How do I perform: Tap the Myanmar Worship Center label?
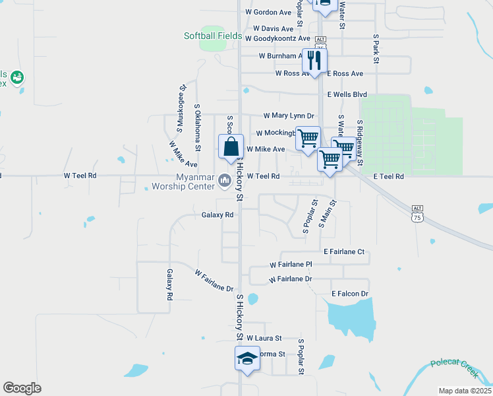195,181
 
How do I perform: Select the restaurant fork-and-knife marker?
314,61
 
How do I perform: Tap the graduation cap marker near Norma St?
247,359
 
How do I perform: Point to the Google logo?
22,387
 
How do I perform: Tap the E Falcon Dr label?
349,293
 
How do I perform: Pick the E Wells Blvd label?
347,94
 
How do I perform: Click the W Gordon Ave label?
268,12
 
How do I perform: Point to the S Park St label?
376,49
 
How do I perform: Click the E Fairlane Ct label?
344,251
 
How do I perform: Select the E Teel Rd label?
388,176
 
